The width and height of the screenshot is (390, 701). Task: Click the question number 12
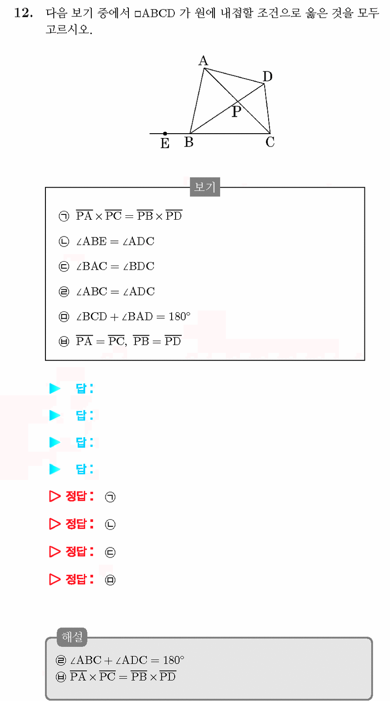pyautogui.click(x=23, y=13)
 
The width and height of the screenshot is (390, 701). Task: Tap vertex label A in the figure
pyautogui.click(x=203, y=61)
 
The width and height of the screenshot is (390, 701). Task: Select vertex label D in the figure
pyautogui.click(x=268, y=76)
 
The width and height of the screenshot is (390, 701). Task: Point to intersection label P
pyautogui.click(x=236, y=112)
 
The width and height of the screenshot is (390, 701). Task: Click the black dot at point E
pyautogui.click(x=165, y=134)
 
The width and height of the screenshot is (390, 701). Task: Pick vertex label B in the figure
pyautogui.click(x=189, y=142)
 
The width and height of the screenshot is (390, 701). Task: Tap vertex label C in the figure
pyautogui.click(x=270, y=142)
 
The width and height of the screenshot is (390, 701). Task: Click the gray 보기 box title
pyautogui.click(x=205, y=187)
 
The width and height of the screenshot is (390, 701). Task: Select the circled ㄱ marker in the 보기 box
pyautogui.click(x=64, y=216)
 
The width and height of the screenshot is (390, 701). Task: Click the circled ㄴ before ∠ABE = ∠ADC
pyautogui.click(x=64, y=241)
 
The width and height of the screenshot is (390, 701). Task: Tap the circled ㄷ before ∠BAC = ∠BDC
pyautogui.click(x=64, y=266)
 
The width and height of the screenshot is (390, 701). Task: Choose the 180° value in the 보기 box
pyautogui.click(x=180, y=316)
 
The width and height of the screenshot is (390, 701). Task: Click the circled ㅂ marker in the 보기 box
pyautogui.click(x=64, y=341)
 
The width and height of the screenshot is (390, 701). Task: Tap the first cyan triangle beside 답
pyautogui.click(x=55, y=388)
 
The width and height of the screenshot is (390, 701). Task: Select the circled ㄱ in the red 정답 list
pyautogui.click(x=110, y=497)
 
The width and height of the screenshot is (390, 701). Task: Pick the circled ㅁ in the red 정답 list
pyautogui.click(x=110, y=580)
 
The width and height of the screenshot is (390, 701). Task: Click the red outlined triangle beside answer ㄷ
pyautogui.click(x=55, y=552)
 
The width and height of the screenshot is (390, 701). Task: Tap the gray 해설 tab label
pyautogui.click(x=72, y=637)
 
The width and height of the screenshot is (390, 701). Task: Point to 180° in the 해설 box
pyautogui.click(x=174, y=660)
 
